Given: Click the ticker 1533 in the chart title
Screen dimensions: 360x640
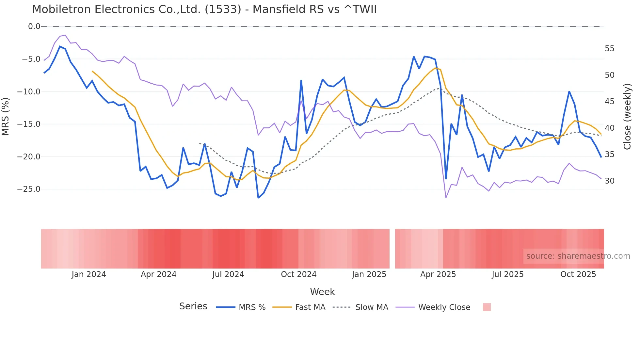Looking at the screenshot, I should pyautogui.click(x=223, y=9).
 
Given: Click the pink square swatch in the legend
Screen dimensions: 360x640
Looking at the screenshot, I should pyautogui.click(x=487, y=307).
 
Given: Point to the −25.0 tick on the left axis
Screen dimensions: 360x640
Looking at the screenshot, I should pyautogui.click(x=29, y=189).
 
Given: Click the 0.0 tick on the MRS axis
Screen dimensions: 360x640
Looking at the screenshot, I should pyautogui.click(x=34, y=26).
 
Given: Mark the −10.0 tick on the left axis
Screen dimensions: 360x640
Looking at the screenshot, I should pyautogui.click(x=29, y=92).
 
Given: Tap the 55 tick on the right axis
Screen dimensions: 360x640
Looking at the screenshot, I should pyautogui.click(x=609, y=49).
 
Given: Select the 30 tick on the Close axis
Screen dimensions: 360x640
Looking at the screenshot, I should pyautogui.click(x=609, y=181).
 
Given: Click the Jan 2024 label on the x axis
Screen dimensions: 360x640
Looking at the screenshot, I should pyautogui.click(x=89, y=274).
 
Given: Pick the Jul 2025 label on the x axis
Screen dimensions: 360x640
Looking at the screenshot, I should pyautogui.click(x=507, y=274).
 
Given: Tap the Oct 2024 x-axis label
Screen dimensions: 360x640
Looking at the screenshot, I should pyautogui.click(x=299, y=274).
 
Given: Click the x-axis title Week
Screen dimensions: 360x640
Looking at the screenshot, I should pyautogui.click(x=322, y=292).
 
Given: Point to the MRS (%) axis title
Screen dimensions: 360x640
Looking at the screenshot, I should pyautogui.click(x=5, y=116).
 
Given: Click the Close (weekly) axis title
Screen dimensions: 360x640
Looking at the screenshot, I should pyautogui.click(x=627, y=116).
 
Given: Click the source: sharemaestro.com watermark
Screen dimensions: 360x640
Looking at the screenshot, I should pyautogui.click(x=578, y=256).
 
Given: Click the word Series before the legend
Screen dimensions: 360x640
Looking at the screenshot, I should pyautogui.click(x=193, y=306).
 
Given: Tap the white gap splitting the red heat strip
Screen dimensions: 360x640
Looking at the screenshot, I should pyautogui.click(x=392, y=249).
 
